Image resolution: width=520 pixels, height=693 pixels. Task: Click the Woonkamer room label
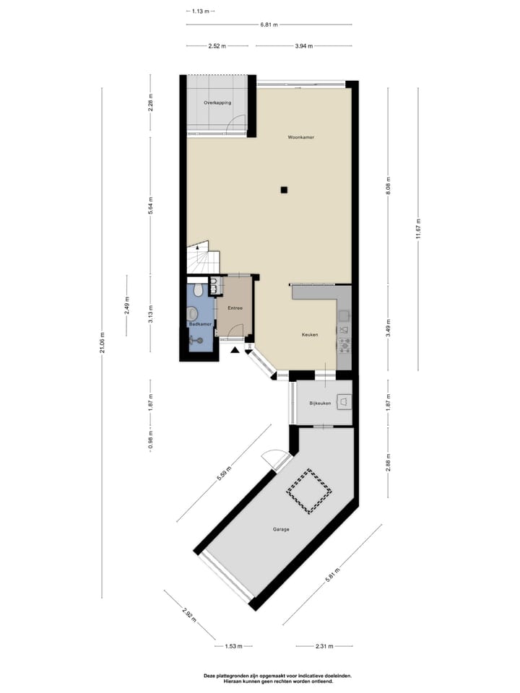(300, 137)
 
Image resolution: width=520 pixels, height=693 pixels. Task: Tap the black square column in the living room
(285, 190)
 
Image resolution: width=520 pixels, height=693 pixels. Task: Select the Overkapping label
(217, 103)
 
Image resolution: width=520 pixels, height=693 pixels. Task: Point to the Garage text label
(281, 529)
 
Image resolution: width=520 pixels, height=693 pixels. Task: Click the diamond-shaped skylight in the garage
(309, 492)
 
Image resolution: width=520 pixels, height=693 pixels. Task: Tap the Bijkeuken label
(319, 404)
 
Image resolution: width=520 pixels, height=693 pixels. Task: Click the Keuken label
(311, 335)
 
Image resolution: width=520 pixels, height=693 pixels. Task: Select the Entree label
(235, 309)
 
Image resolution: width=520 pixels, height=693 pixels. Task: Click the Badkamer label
(200, 325)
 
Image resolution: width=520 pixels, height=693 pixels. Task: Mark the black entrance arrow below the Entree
(235, 350)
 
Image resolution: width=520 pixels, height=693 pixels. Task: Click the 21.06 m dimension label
(103, 343)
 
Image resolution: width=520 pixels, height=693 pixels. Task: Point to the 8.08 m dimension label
(389, 188)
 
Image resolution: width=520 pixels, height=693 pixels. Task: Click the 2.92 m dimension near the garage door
(189, 614)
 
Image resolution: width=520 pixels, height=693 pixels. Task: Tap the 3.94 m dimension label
(303, 45)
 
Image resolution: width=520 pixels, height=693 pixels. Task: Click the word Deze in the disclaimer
(210, 676)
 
